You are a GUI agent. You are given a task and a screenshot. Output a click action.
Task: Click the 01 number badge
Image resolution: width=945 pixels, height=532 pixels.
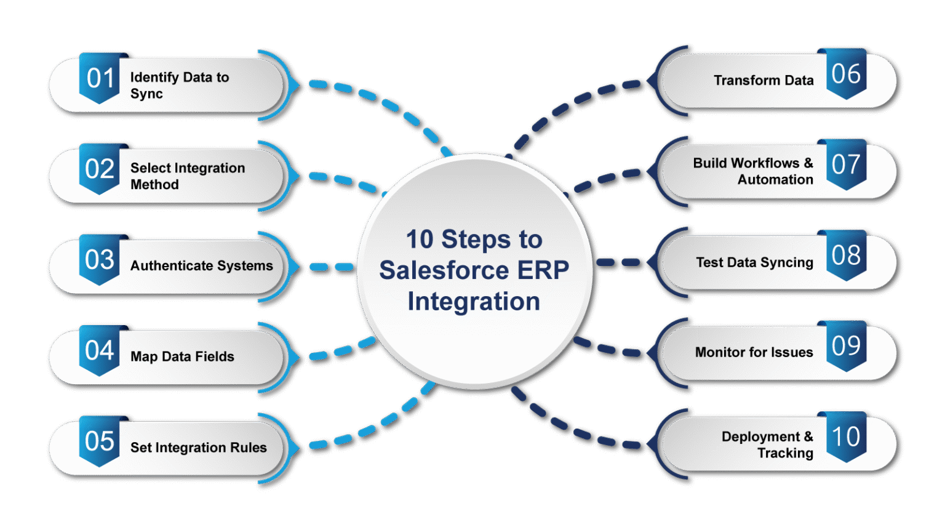tap(100, 78)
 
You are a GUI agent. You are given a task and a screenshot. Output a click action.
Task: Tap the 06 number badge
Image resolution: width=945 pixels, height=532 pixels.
tap(846, 75)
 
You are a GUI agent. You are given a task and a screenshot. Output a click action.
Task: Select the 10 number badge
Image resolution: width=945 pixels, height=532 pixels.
tap(846, 437)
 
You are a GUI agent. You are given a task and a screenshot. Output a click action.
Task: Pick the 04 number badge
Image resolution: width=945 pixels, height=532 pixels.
tap(100, 351)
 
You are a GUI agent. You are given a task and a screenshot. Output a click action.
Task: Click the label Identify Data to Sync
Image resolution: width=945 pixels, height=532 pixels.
tap(179, 86)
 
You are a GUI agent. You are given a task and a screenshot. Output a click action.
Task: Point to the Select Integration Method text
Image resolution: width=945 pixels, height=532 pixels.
tap(187, 176)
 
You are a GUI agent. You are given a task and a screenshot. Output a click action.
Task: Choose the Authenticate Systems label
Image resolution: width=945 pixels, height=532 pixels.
tap(201, 266)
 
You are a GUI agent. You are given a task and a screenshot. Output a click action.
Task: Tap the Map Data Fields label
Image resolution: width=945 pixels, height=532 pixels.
tap(182, 357)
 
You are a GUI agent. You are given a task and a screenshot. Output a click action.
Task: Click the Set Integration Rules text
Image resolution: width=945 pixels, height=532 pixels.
tap(198, 448)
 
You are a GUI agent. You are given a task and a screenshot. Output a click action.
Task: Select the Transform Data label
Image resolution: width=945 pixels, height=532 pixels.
tap(763, 81)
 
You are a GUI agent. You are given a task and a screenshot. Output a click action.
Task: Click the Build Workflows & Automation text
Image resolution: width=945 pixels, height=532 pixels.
tap(753, 171)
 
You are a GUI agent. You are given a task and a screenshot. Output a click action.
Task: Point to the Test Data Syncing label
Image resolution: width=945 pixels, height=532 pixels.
tap(754, 262)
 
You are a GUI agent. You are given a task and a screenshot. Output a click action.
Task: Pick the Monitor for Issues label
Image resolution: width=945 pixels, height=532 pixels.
tap(754, 352)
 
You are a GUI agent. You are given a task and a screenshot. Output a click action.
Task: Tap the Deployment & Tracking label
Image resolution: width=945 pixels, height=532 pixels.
tap(767, 445)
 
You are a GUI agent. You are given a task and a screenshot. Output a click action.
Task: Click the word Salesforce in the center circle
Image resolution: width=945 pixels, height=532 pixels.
tap(444, 270)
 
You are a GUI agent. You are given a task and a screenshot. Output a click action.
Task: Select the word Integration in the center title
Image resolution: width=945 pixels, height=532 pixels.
tap(474, 302)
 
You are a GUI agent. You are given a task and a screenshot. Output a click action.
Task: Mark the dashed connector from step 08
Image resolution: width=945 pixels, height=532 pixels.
tap(618, 262)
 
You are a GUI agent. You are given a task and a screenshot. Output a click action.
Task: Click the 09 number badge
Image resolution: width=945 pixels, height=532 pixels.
tap(846, 346)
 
